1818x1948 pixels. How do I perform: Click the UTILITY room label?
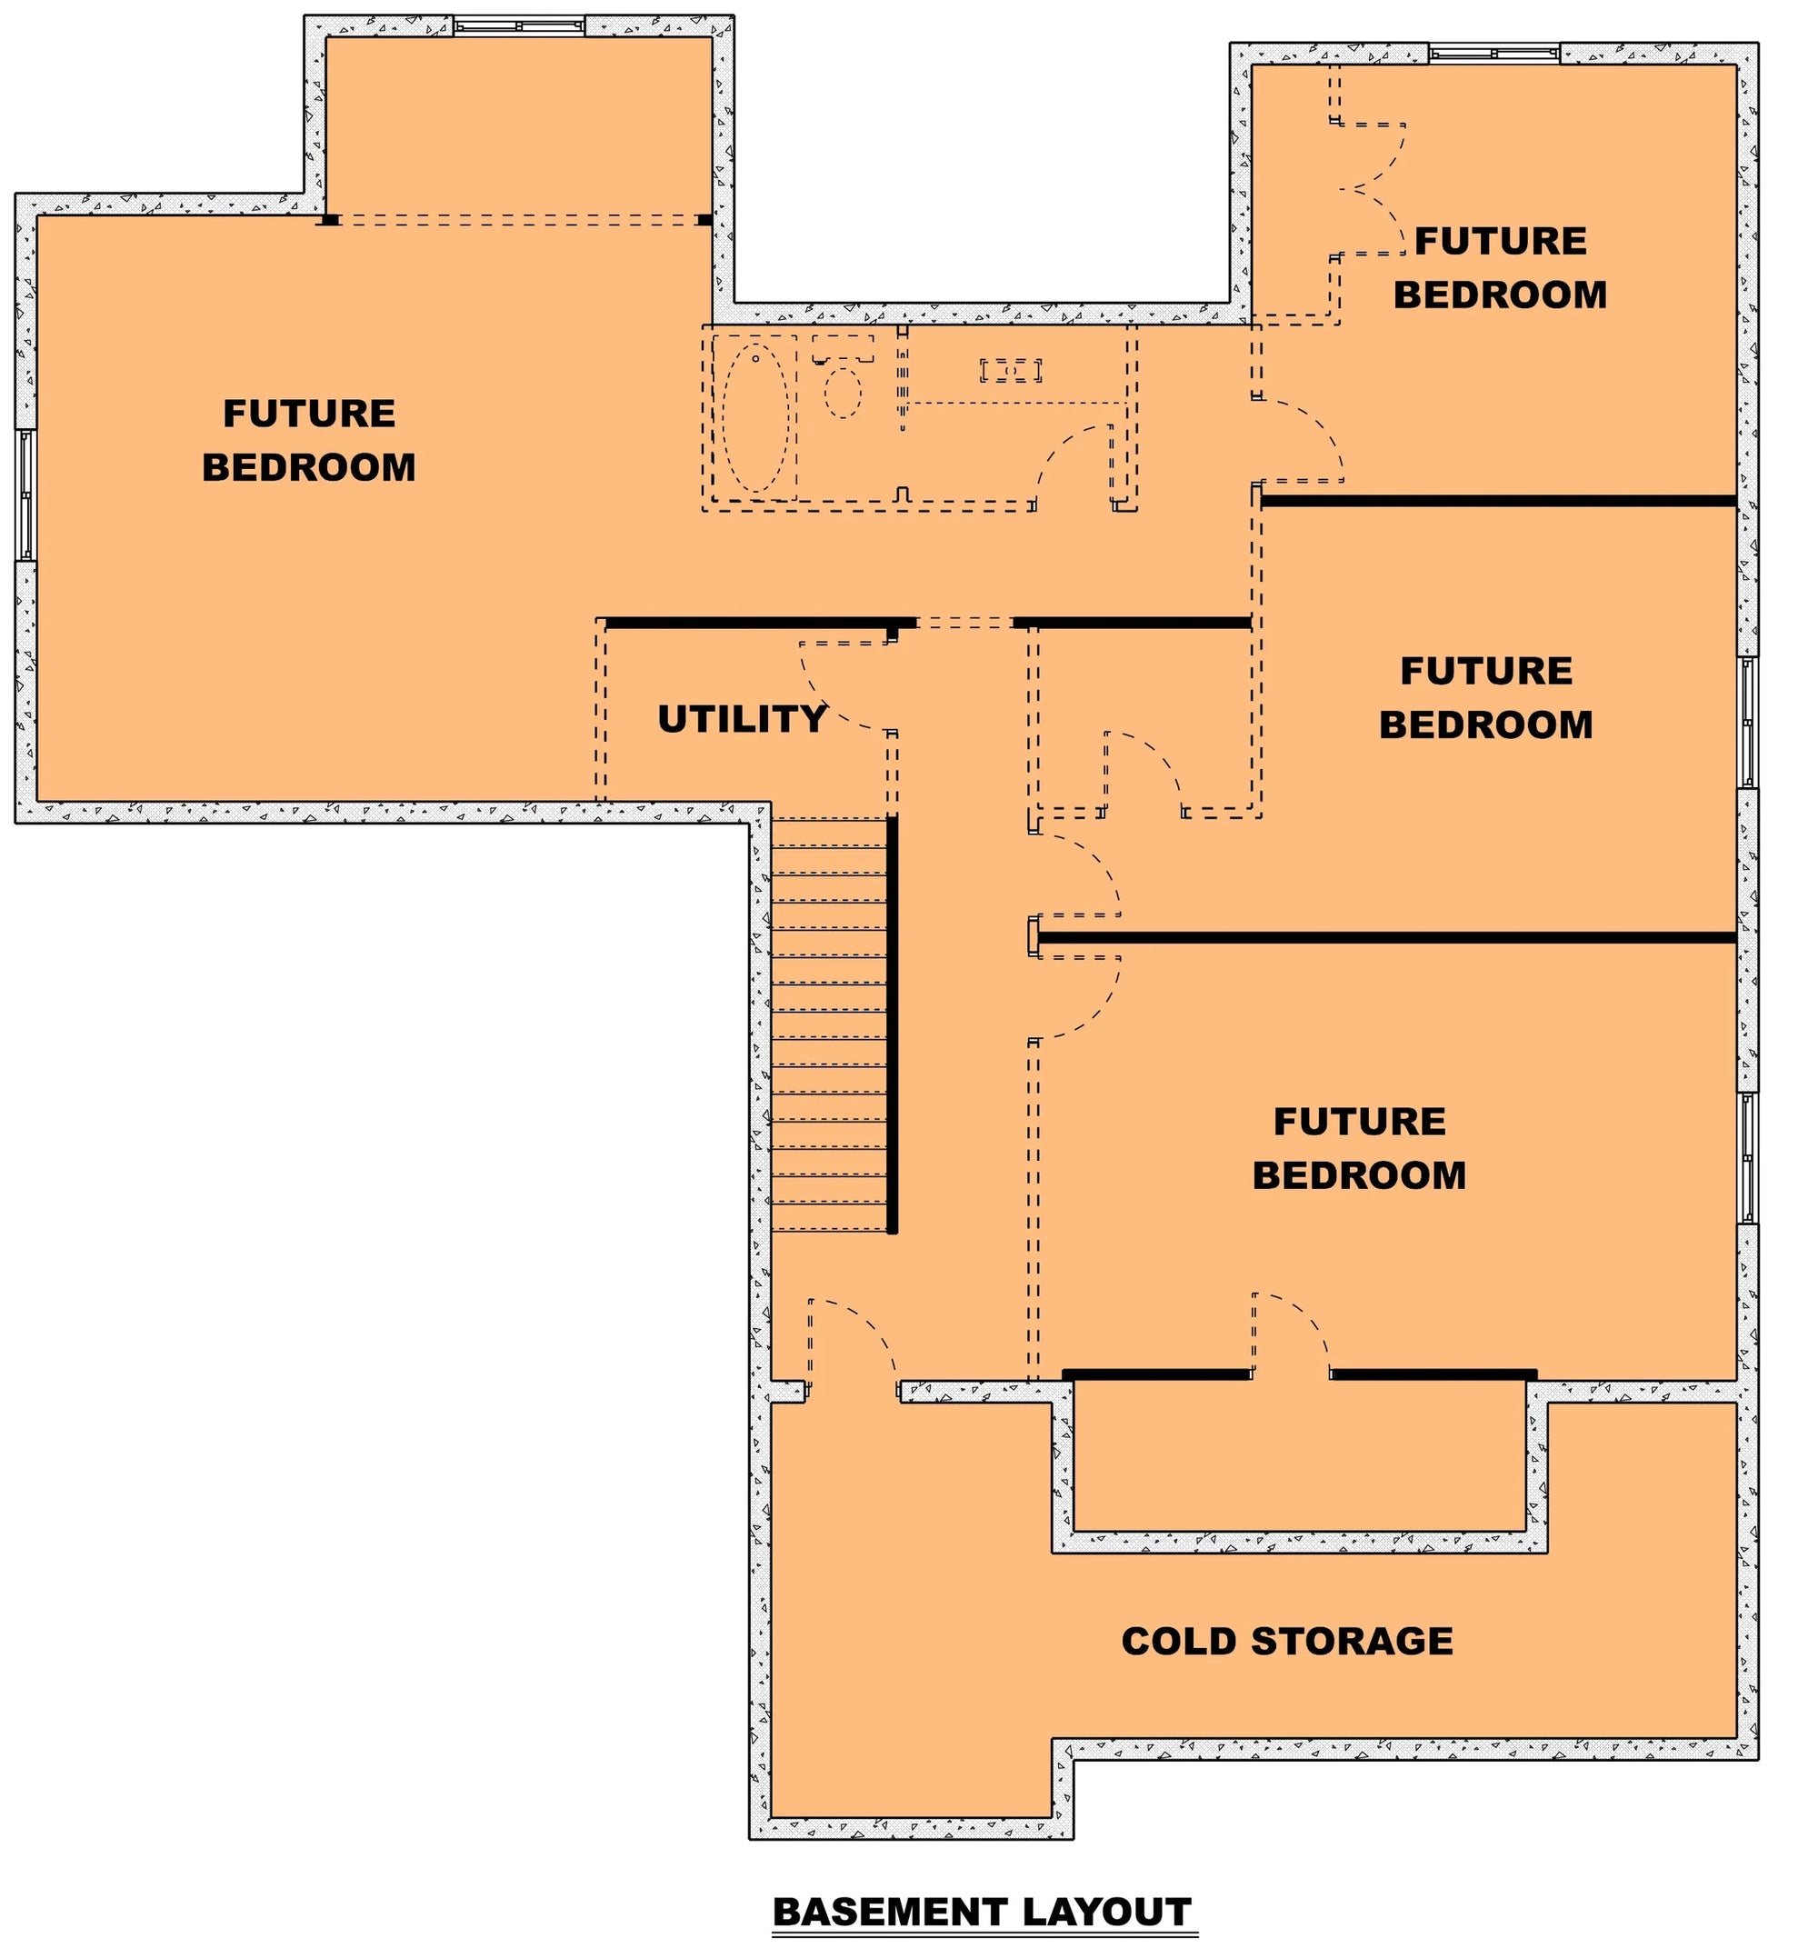(742, 719)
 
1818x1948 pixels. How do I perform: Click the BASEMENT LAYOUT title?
(982, 1912)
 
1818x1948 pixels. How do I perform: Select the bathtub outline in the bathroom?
(754, 417)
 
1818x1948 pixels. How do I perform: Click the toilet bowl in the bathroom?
(842, 392)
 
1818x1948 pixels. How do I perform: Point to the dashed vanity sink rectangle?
(1011, 370)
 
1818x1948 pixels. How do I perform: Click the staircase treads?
(829, 1024)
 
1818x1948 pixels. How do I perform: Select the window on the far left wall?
(25, 494)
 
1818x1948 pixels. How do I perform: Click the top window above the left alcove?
(518, 26)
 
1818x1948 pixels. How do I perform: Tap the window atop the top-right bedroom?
(1493, 54)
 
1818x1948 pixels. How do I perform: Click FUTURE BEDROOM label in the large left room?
(309, 440)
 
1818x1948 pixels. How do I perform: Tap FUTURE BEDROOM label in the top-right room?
(1500, 267)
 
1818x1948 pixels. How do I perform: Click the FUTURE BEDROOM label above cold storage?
(1358, 1147)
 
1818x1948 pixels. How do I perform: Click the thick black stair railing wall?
(892, 1024)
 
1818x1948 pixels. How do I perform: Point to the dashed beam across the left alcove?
(518, 221)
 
